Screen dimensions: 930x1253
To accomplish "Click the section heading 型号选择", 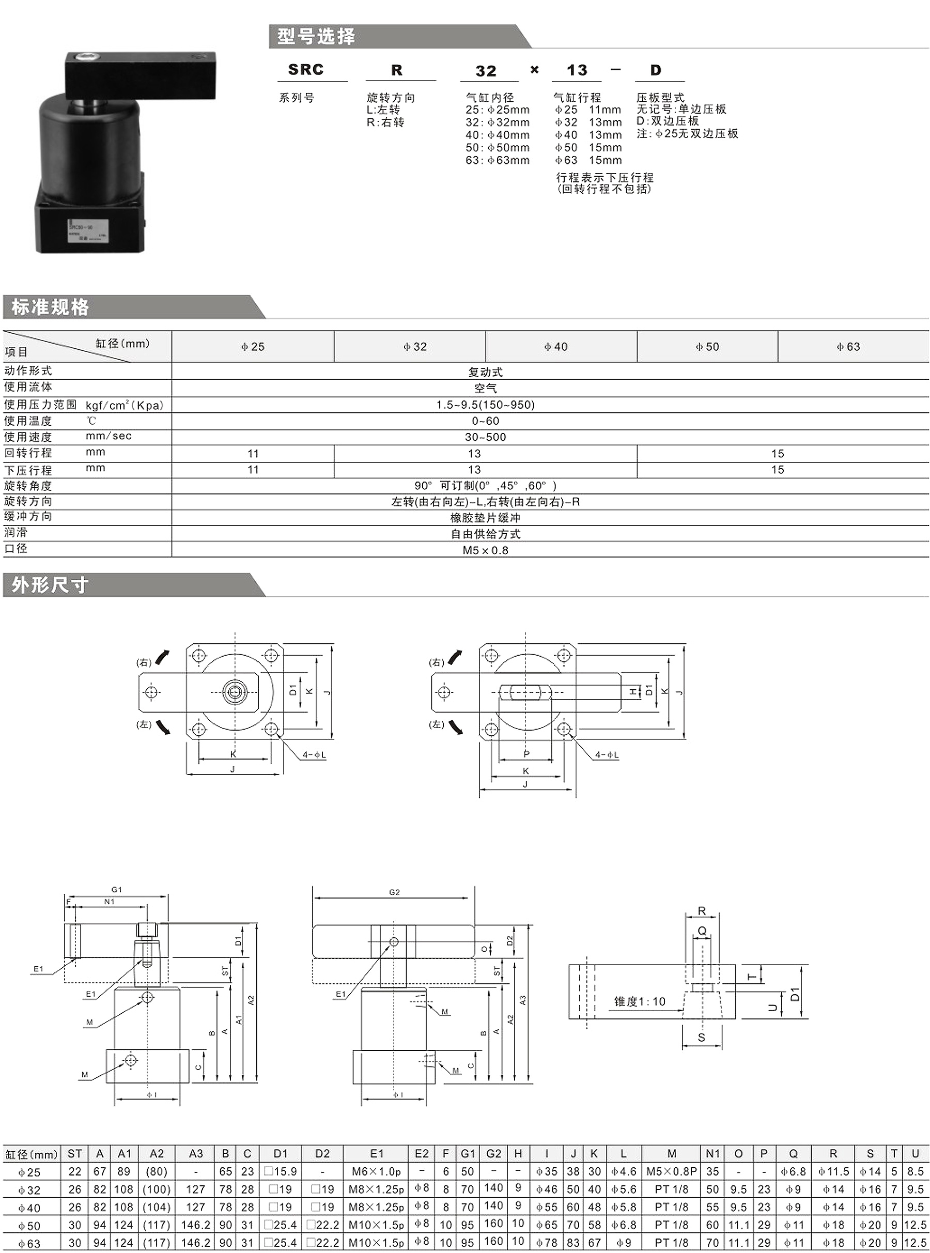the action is click(x=316, y=37).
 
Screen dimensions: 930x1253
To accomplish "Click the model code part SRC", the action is click(x=306, y=70).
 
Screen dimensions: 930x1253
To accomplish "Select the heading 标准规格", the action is click(x=50, y=307).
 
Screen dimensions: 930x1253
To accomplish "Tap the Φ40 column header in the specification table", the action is click(x=555, y=347).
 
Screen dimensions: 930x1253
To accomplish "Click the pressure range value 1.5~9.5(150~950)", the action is click(x=485, y=405).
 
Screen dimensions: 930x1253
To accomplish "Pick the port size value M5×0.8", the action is click(x=485, y=550).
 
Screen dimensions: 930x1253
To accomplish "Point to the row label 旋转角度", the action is click(x=28, y=485).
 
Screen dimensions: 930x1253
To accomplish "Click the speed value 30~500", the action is click(x=485, y=437).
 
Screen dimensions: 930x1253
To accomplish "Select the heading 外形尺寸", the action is click(x=50, y=585).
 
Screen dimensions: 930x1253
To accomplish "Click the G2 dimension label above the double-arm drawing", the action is click(x=394, y=892).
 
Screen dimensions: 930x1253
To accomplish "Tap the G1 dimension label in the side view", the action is click(x=117, y=889).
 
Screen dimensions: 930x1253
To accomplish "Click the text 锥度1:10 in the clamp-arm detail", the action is click(x=640, y=1001).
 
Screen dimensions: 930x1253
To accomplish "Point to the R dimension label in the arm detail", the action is click(x=702, y=911).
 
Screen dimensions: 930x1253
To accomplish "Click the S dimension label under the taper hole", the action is click(x=702, y=1037).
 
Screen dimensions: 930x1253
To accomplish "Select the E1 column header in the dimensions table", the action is click(x=377, y=1153).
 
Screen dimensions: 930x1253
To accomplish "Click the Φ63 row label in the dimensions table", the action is click(x=29, y=1243).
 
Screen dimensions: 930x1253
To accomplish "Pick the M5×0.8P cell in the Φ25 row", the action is click(x=672, y=1171).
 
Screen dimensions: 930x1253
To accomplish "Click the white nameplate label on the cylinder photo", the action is click(x=88, y=230).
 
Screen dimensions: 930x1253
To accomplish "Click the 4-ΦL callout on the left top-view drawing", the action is click(x=314, y=755).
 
